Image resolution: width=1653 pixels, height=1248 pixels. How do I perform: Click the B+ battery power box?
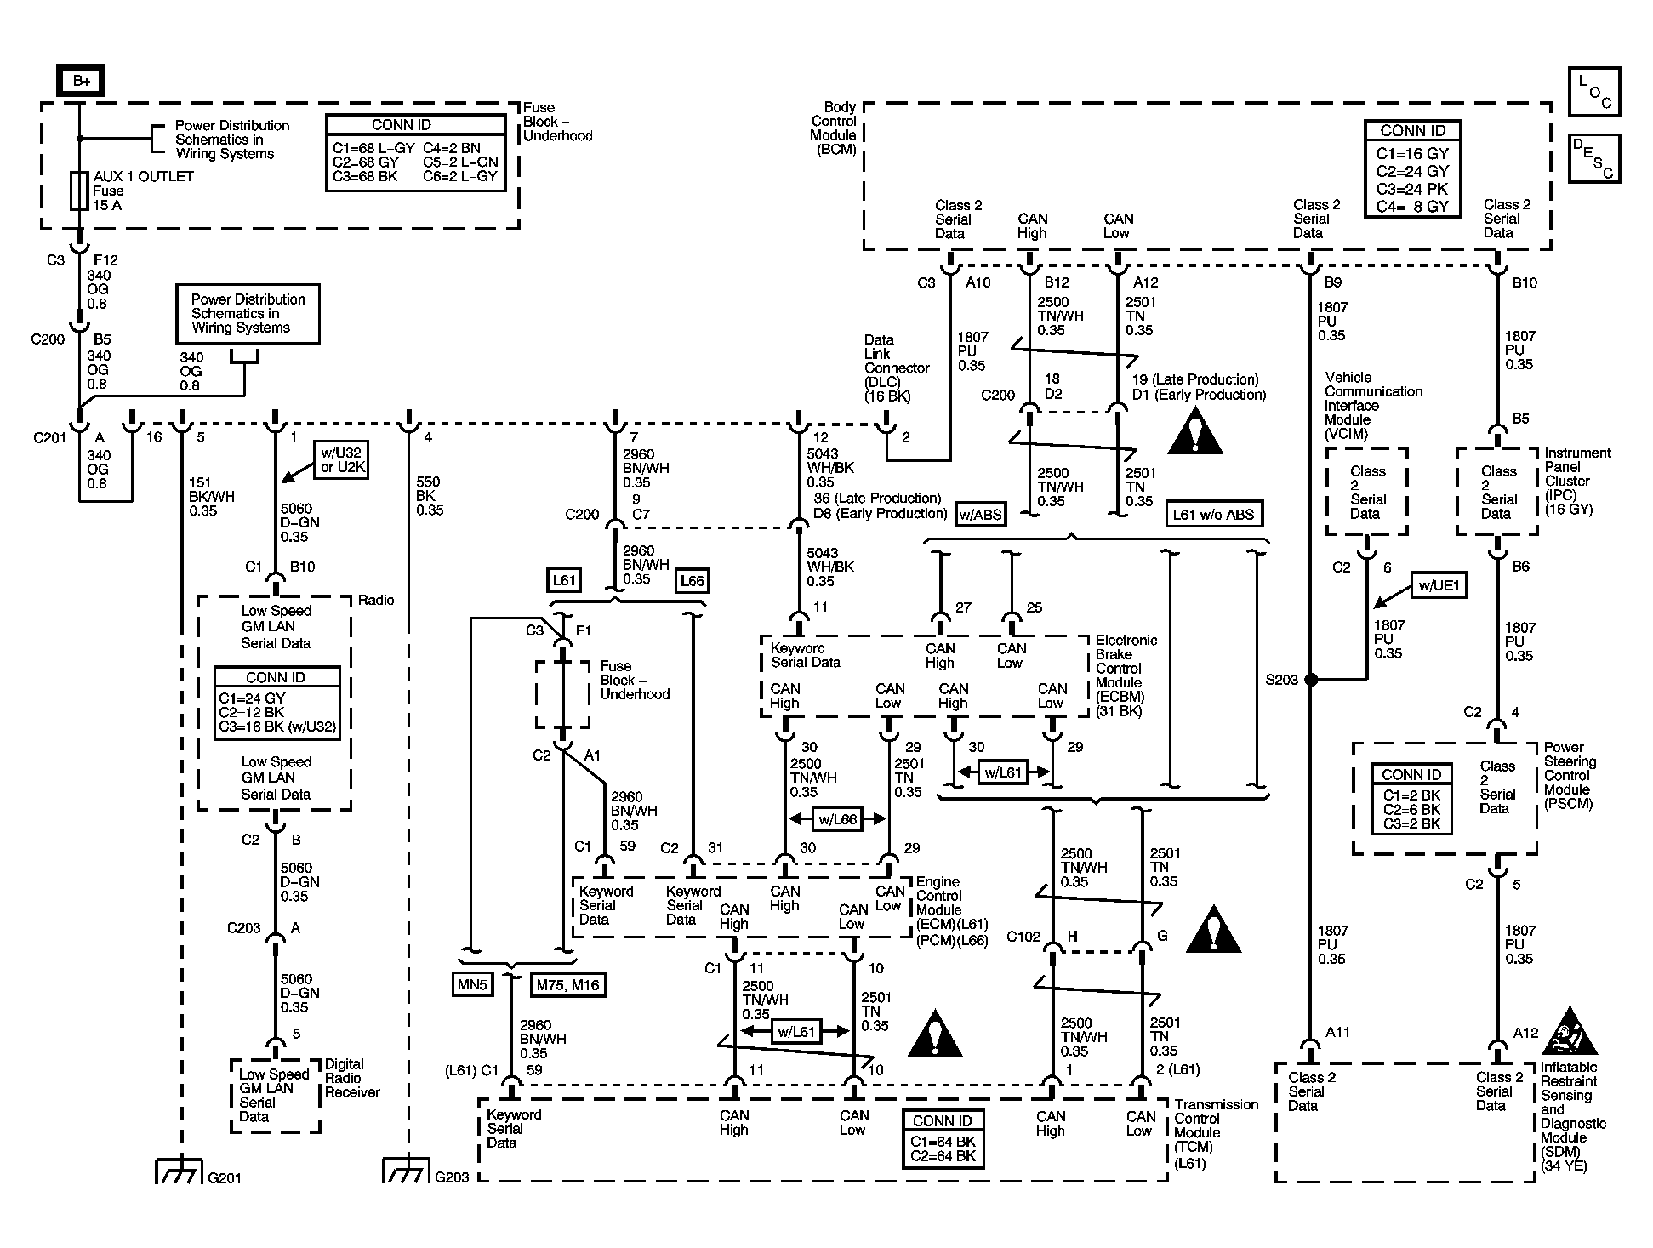81,81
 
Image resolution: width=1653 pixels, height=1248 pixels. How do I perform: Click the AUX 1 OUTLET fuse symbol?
79,191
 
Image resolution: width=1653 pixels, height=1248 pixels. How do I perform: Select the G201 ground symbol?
179,1171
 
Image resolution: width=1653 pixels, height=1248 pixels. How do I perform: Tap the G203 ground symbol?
406,1171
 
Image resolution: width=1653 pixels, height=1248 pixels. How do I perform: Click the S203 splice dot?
1311,680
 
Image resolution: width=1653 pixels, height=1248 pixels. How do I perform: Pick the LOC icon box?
1594,91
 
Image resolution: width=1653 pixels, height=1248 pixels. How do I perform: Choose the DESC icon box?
1594,158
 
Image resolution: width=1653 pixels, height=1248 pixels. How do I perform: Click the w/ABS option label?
980,514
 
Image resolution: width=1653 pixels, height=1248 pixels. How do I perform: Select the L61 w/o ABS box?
1213,514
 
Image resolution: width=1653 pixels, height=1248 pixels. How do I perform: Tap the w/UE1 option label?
1439,585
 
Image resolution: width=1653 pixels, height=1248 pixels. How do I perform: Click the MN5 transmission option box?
472,984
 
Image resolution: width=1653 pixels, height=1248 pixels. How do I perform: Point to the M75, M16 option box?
567,985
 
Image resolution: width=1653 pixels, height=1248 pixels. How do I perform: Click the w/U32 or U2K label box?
340,459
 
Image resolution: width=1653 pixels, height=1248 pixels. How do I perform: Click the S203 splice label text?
1282,680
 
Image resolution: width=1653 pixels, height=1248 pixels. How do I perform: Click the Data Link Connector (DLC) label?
897,368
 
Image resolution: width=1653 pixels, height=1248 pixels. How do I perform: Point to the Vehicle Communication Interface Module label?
1373,406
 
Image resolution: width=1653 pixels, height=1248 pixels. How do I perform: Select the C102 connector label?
1023,937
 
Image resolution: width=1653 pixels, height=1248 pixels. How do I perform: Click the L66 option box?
693,581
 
